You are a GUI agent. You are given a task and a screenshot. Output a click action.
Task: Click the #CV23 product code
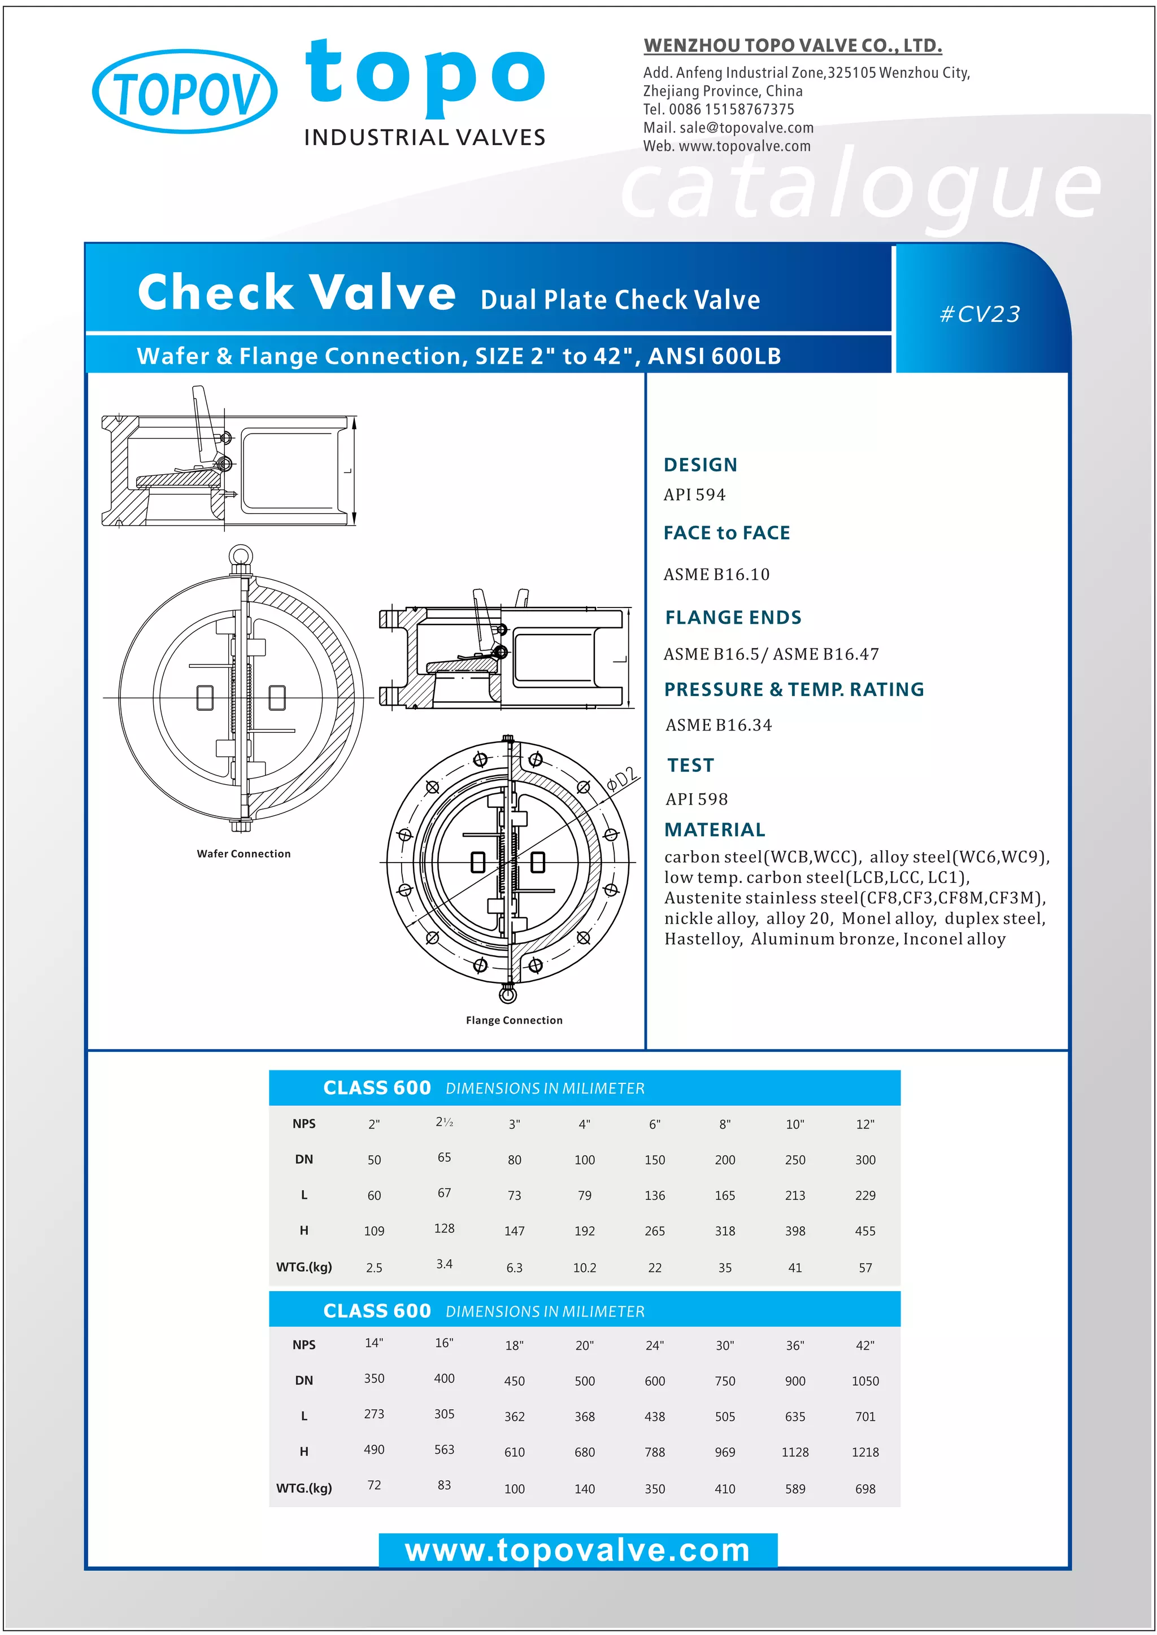tap(980, 314)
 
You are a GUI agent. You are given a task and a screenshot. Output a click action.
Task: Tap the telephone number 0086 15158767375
tap(731, 110)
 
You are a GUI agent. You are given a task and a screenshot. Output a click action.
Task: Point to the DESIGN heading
tap(701, 465)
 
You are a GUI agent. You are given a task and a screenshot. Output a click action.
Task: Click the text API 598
tap(696, 799)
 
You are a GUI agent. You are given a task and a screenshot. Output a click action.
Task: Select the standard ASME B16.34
tap(718, 725)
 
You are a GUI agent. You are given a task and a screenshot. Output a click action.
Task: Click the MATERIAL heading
tap(715, 829)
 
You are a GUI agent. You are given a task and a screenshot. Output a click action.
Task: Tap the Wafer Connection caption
tap(243, 854)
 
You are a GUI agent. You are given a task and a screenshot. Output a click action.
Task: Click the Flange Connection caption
tap(514, 1020)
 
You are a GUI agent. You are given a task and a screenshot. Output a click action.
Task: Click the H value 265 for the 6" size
tap(655, 1231)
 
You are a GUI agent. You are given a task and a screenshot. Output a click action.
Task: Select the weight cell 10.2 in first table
tap(584, 1268)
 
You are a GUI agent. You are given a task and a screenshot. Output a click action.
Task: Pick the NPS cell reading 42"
tap(865, 1345)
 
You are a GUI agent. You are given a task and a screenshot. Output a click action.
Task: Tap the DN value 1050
tap(865, 1381)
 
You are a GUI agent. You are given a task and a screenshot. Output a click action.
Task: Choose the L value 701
tap(865, 1417)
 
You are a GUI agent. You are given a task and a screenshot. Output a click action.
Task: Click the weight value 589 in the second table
tap(795, 1489)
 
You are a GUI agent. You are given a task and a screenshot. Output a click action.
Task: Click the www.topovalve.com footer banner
tap(578, 1550)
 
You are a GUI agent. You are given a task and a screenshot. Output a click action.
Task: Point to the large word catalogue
tap(860, 188)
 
